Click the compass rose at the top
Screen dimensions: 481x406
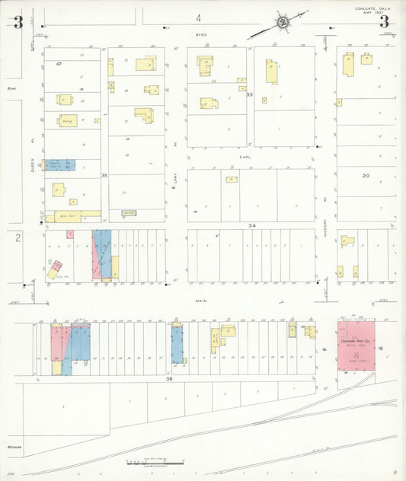[x=283, y=23]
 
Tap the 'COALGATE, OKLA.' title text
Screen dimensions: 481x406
[x=373, y=9]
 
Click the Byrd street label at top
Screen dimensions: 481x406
[x=201, y=35]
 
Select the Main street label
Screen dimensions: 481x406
[x=201, y=301]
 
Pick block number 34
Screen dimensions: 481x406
[x=251, y=225]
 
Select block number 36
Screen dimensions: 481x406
[x=169, y=378]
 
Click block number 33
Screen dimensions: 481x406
[x=249, y=94]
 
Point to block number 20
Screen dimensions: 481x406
[x=366, y=176]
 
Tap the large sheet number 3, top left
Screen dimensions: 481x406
[x=18, y=22]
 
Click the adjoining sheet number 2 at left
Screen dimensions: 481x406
[x=17, y=238]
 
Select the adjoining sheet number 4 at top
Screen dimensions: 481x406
[x=198, y=17]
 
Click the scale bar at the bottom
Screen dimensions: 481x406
[x=158, y=460]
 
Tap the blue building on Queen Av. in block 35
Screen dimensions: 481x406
[x=59, y=164]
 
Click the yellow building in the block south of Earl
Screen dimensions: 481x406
[x=232, y=180]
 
